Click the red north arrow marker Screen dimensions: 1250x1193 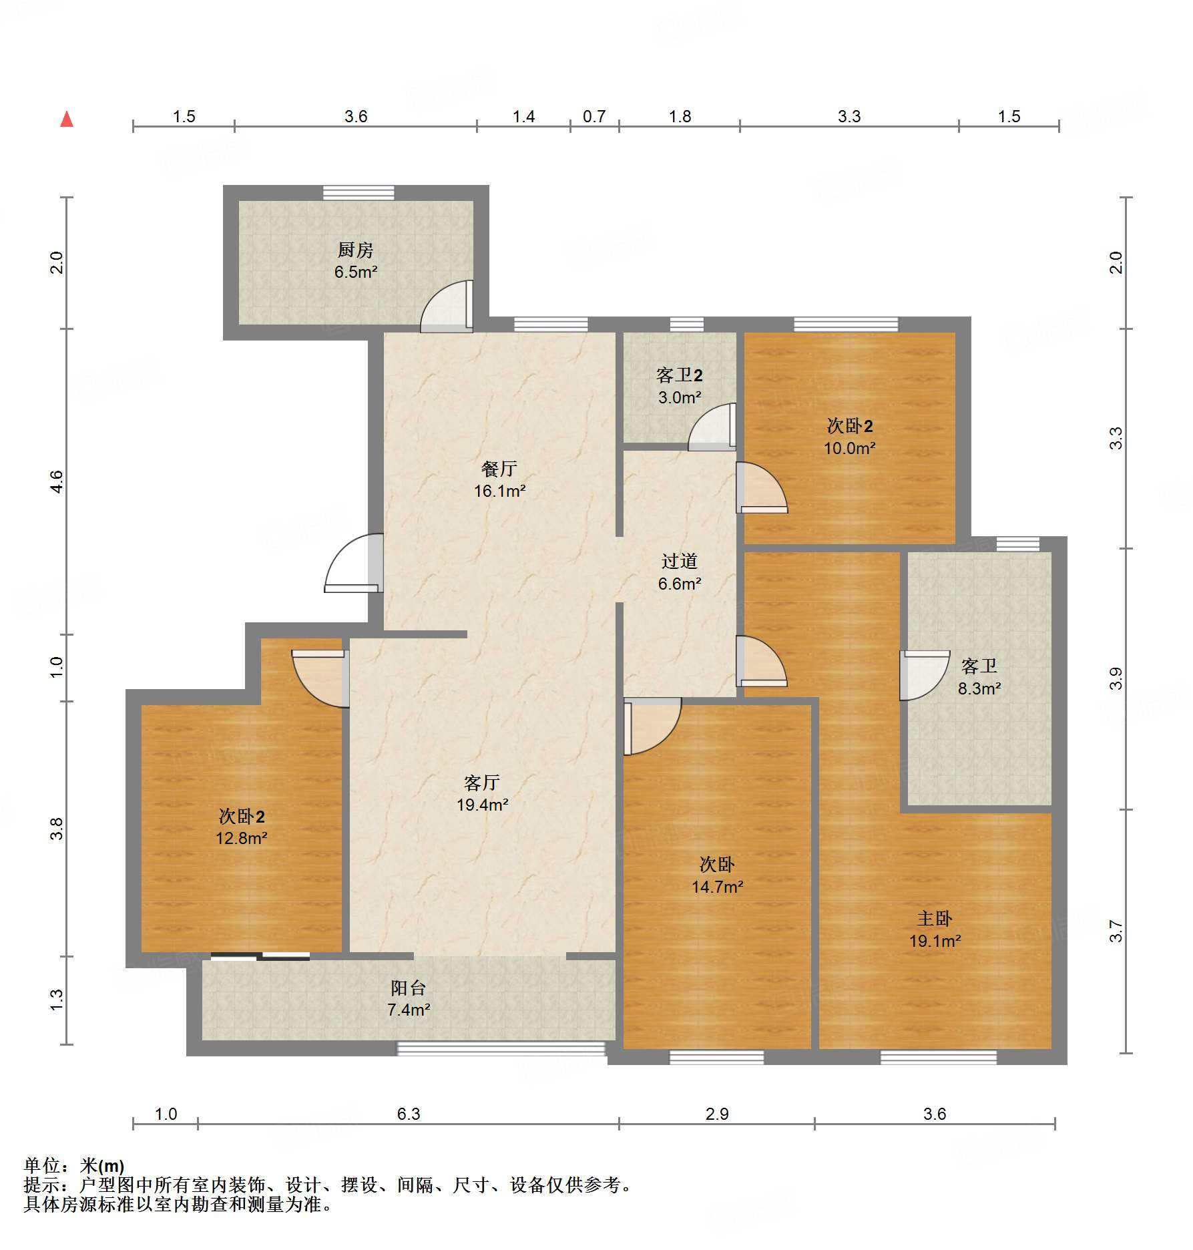click(67, 120)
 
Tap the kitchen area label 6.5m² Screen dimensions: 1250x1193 click(356, 272)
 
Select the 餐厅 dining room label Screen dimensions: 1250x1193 click(499, 469)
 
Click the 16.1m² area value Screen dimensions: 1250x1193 click(499, 491)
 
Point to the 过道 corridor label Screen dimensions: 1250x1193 click(679, 562)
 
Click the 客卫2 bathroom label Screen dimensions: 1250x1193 click(679, 375)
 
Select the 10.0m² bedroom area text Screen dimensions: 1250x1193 click(849, 449)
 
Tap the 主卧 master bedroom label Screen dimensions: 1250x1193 click(934, 919)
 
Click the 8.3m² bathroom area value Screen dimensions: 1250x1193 click(979, 688)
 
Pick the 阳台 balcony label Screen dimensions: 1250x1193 click(408, 988)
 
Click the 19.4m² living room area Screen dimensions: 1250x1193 click(482, 805)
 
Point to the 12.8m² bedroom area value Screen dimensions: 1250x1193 click(241, 839)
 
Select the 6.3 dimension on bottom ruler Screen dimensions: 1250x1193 click(408, 1114)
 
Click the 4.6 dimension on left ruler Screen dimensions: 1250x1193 click(57, 481)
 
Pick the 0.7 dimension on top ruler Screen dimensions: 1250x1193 click(593, 117)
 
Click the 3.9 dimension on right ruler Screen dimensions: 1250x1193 click(1116, 678)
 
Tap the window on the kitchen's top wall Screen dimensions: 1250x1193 click(359, 193)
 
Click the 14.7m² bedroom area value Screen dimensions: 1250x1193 click(717, 887)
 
